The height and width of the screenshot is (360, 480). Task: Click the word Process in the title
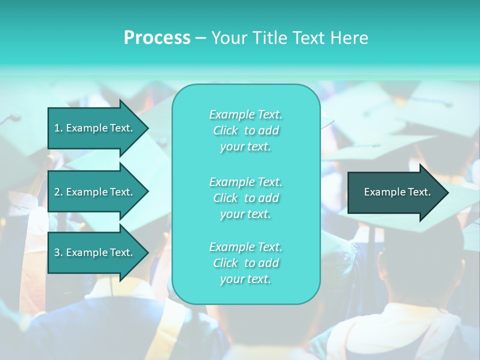click(157, 38)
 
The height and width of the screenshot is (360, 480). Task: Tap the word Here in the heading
click(350, 38)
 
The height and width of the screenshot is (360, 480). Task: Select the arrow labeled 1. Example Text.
click(95, 128)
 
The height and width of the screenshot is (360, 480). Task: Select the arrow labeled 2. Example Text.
click(95, 192)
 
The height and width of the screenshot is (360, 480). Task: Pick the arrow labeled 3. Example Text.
click(95, 252)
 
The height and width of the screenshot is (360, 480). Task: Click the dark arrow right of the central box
click(395, 192)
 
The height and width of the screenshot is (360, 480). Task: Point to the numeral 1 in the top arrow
click(57, 128)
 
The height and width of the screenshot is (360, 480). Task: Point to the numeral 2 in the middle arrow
click(57, 192)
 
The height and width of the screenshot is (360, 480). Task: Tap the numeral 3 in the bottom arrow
click(57, 252)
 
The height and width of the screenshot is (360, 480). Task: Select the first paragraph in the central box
click(245, 130)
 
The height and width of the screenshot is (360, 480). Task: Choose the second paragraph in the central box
click(245, 198)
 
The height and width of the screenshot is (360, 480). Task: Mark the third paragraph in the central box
click(245, 263)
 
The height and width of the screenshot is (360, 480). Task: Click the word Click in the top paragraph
click(225, 131)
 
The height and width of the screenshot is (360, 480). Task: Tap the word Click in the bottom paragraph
click(225, 263)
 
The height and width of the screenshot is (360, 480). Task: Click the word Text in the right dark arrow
click(419, 192)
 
